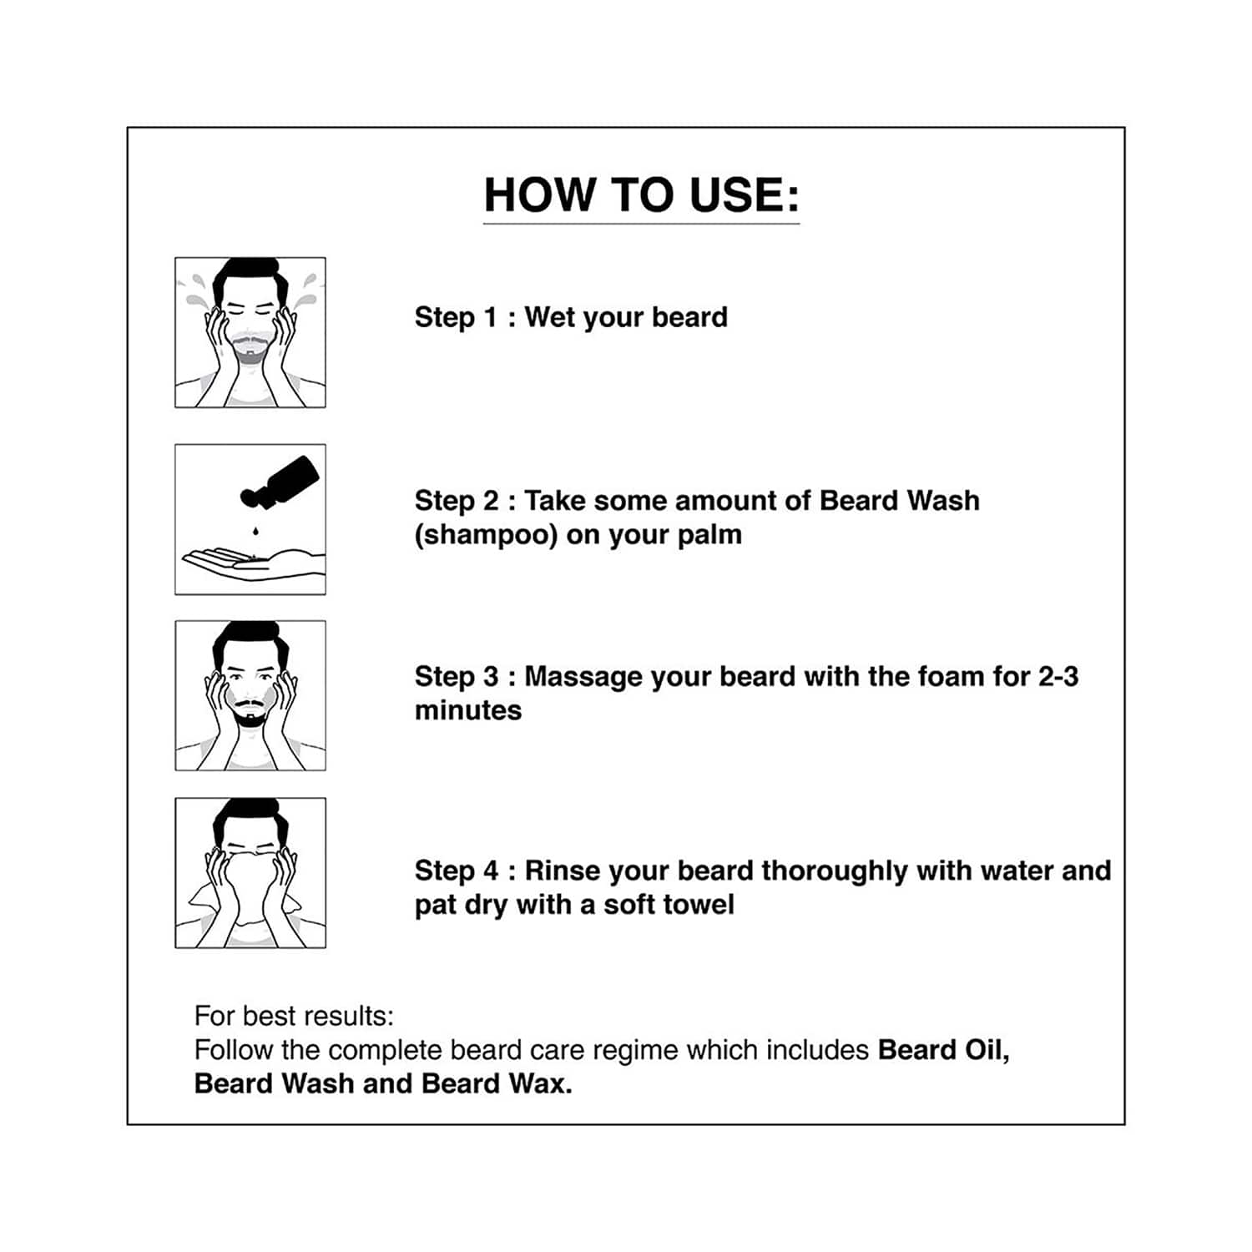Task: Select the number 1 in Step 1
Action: (x=491, y=317)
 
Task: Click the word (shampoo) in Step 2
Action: (x=486, y=535)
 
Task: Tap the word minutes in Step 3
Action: (x=468, y=710)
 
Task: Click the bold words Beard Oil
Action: (x=943, y=1050)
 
